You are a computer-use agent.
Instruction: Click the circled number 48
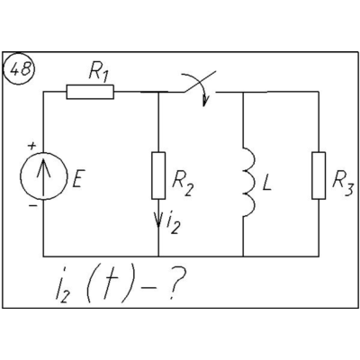pyautogui.click(x=19, y=69)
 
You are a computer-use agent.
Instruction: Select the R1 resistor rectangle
pyautogui.click(x=90, y=92)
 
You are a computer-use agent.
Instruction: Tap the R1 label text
pyautogui.click(x=98, y=73)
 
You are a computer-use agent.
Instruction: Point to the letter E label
pyautogui.click(x=77, y=178)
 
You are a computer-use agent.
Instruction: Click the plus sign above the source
pyautogui.click(x=31, y=146)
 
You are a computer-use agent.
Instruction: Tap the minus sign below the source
pyautogui.click(x=32, y=206)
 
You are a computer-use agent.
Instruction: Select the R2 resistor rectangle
pyautogui.click(x=158, y=175)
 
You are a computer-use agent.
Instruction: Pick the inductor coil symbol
pyautogui.click(x=249, y=182)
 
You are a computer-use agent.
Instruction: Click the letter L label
pyautogui.click(x=266, y=182)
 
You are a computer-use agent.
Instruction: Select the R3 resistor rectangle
pyautogui.click(x=319, y=175)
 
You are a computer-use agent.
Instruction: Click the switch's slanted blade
pyautogui.click(x=200, y=82)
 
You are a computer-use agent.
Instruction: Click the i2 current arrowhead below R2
pyautogui.click(x=158, y=220)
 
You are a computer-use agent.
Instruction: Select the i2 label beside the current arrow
pyautogui.click(x=174, y=224)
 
